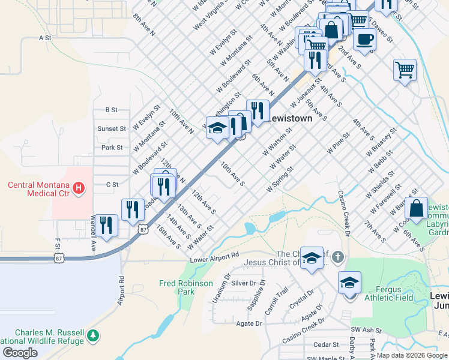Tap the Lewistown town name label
[x=290, y=119]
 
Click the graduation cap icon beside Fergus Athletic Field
[x=349, y=282]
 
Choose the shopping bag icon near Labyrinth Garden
[x=416, y=209]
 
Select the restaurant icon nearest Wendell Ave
[x=107, y=226]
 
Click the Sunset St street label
[x=112, y=128]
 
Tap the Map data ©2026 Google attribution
[x=412, y=355]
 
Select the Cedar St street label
[x=327, y=344]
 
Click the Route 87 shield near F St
[x=58, y=257]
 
